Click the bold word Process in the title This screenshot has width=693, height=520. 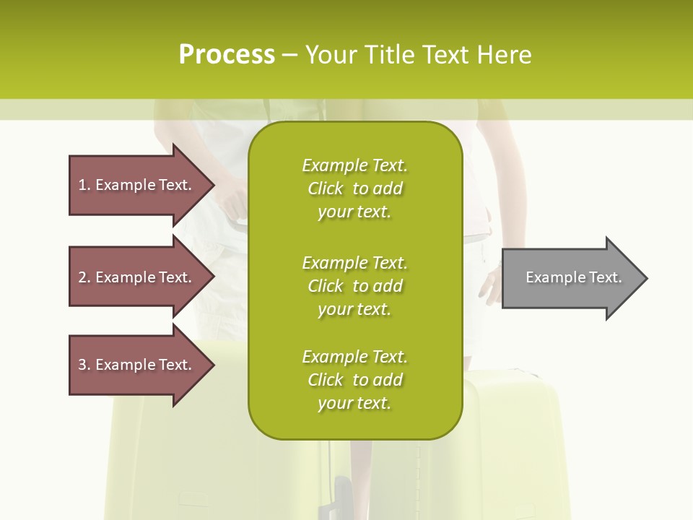[x=227, y=54]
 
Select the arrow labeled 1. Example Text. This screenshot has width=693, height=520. [x=137, y=185]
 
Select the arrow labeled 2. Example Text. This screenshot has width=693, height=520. [x=137, y=277]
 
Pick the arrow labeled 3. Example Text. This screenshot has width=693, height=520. [x=137, y=365]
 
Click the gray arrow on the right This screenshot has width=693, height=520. [x=570, y=277]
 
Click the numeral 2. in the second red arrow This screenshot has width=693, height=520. [x=84, y=277]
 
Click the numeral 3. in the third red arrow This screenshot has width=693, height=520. [x=84, y=365]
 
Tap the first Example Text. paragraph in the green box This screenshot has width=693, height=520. [x=354, y=188]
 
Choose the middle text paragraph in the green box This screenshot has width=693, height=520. [x=354, y=286]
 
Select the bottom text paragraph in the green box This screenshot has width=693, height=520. [x=354, y=380]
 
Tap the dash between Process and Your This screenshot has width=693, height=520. [x=289, y=56]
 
